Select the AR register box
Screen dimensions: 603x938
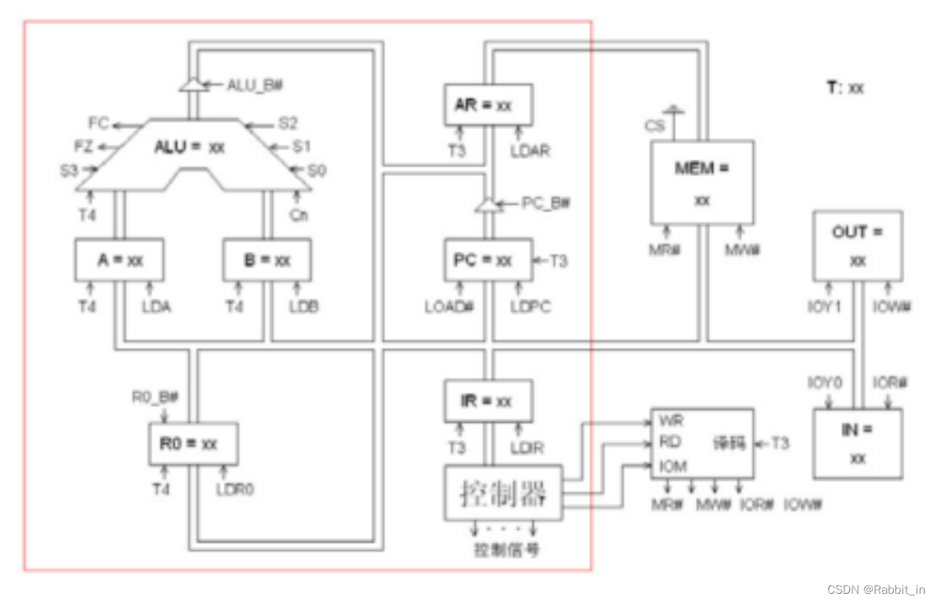pos(487,106)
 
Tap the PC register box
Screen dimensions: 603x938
pos(487,260)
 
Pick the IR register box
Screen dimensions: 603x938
pos(487,401)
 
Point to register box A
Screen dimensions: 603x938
pos(119,260)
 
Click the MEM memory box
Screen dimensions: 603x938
pos(702,181)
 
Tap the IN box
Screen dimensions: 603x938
pos(858,443)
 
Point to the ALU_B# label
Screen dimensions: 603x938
pos(255,84)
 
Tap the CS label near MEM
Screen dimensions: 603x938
pos(654,126)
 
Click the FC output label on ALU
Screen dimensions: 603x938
pos(99,124)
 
